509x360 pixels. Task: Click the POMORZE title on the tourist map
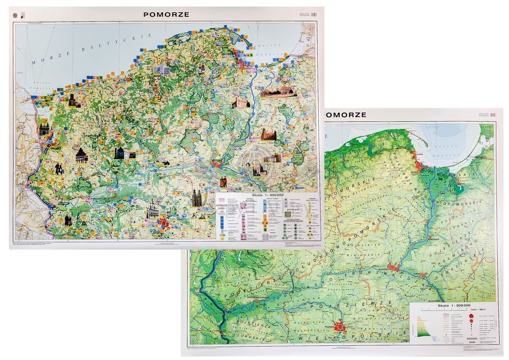[166, 14]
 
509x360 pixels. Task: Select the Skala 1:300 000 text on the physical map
[452, 304]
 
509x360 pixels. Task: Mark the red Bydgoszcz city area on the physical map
[394, 267]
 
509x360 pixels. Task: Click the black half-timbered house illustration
[81, 155]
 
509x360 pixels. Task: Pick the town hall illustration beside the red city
[152, 209]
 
